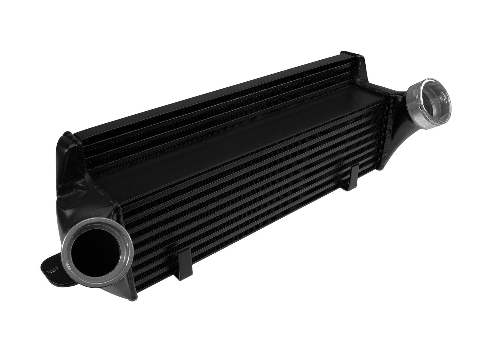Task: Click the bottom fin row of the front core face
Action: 270,240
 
